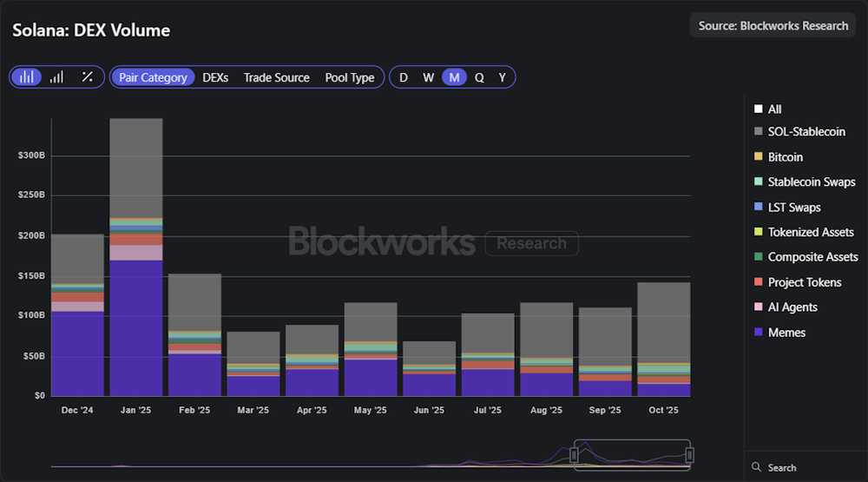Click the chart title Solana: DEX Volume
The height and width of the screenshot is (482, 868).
coord(91,30)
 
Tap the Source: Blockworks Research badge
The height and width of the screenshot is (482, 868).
coord(773,25)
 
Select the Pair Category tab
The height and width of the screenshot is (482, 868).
coord(153,77)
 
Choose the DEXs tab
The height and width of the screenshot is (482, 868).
coord(215,77)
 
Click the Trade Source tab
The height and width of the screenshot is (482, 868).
coord(276,77)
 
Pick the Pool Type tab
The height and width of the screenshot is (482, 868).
coord(350,77)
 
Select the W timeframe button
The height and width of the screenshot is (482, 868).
coord(429,77)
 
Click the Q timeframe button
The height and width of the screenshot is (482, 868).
coord(479,77)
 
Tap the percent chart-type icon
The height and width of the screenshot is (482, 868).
coord(87,77)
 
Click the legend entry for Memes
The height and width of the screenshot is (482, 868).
coord(786,333)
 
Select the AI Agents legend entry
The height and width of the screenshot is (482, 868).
coord(792,307)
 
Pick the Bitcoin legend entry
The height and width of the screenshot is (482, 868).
coord(785,157)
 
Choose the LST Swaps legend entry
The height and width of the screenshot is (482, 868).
coord(794,208)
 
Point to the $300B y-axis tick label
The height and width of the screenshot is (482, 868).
coord(30,155)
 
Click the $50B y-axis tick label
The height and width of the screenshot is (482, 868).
coord(32,356)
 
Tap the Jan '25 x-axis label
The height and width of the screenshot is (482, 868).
coord(135,411)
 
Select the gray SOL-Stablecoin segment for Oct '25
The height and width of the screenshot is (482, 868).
coord(664,321)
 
